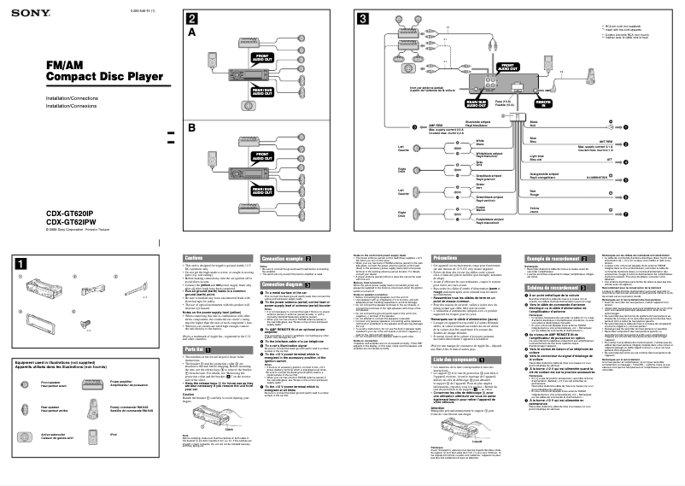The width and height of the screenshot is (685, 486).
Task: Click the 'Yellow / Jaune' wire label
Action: click(605, 207)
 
